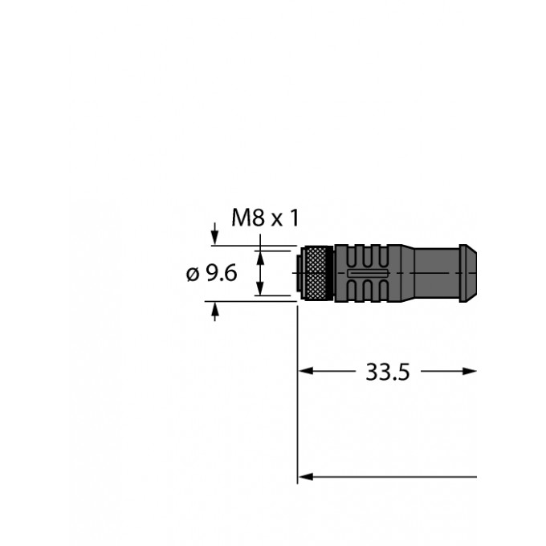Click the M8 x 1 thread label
pyautogui.click(x=265, y=218)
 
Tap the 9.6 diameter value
pyautogui.click(x=222, y=273)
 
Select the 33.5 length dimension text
pyautogui.click(x=388, y=372)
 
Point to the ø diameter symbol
pyautogui.click(x=193, y=274)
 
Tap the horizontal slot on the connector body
pyautogui.click(x=368, y=273)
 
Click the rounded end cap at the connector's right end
pyautogui.click(x=467, y=273)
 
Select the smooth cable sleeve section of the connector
pyautogui.click(x=437, y=273)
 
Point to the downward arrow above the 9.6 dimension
pyautogui.click(x=215, y=234)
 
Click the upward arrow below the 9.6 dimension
pyautogui.click(x=215, y=312)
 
